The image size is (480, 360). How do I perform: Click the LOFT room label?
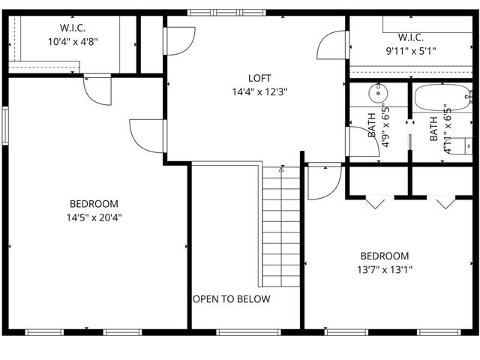[x=259, y=78]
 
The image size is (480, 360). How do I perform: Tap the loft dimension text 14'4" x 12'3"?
[x=259, y=91]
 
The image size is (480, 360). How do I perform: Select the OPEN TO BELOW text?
[x=232, y=298]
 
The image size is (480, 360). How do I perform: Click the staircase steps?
[x=281, y=225]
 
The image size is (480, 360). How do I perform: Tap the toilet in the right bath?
[x=456, y=144]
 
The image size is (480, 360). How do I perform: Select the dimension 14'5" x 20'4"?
[x=94, y=217]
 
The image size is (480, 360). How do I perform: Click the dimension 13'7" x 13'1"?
[x=384, y=269]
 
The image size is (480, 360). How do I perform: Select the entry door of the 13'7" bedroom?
[x=324, y=181]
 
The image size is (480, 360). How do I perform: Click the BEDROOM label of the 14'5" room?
[x=94, y=204]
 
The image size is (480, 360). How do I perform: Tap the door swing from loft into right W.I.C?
[x=332, y=46]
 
